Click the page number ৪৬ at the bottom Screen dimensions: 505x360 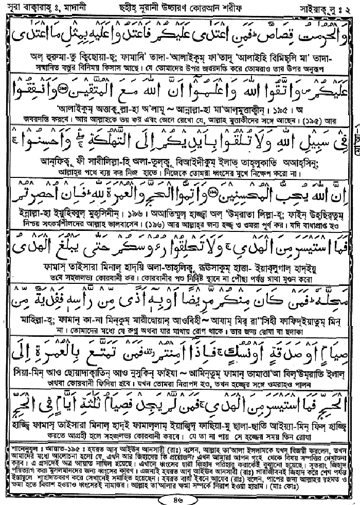pyautogui.click(x=180, y=497)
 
